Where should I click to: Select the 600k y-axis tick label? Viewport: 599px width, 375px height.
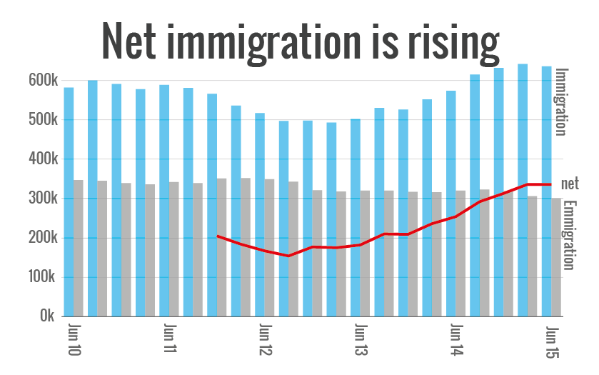pyautogui.click(x=42, y=81)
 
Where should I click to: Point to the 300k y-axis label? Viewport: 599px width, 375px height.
pyautogui.click(x=42, y=199)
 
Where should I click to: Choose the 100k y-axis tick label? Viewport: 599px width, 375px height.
pyautogui.click(x=42, y=277)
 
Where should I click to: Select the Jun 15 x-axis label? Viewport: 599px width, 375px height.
pyautogui.click(x=551, y=341)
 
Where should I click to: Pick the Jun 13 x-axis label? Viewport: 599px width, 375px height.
pyautogui.click(x=361, y=341)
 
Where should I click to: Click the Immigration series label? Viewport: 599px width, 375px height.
pyautogui.click(x=561, y=101)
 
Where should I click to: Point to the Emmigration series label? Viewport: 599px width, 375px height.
pyautogui.click(x=569, y=234)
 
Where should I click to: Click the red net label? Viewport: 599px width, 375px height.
pyautogui.click(x=570, y=184)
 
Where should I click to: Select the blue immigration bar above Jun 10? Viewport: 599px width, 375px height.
pyautogui.click(x=69, y=200)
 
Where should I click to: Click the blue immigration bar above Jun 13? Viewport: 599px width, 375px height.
pyautogui.click(x=356, y=214)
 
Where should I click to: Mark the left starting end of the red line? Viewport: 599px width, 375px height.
pyautogui.click(x=218, y=236)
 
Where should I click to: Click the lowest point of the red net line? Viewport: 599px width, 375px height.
pyautogui.click(x=288, y=256)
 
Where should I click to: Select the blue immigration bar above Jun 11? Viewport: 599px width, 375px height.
pyautogui.click(x=164, y=200)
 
